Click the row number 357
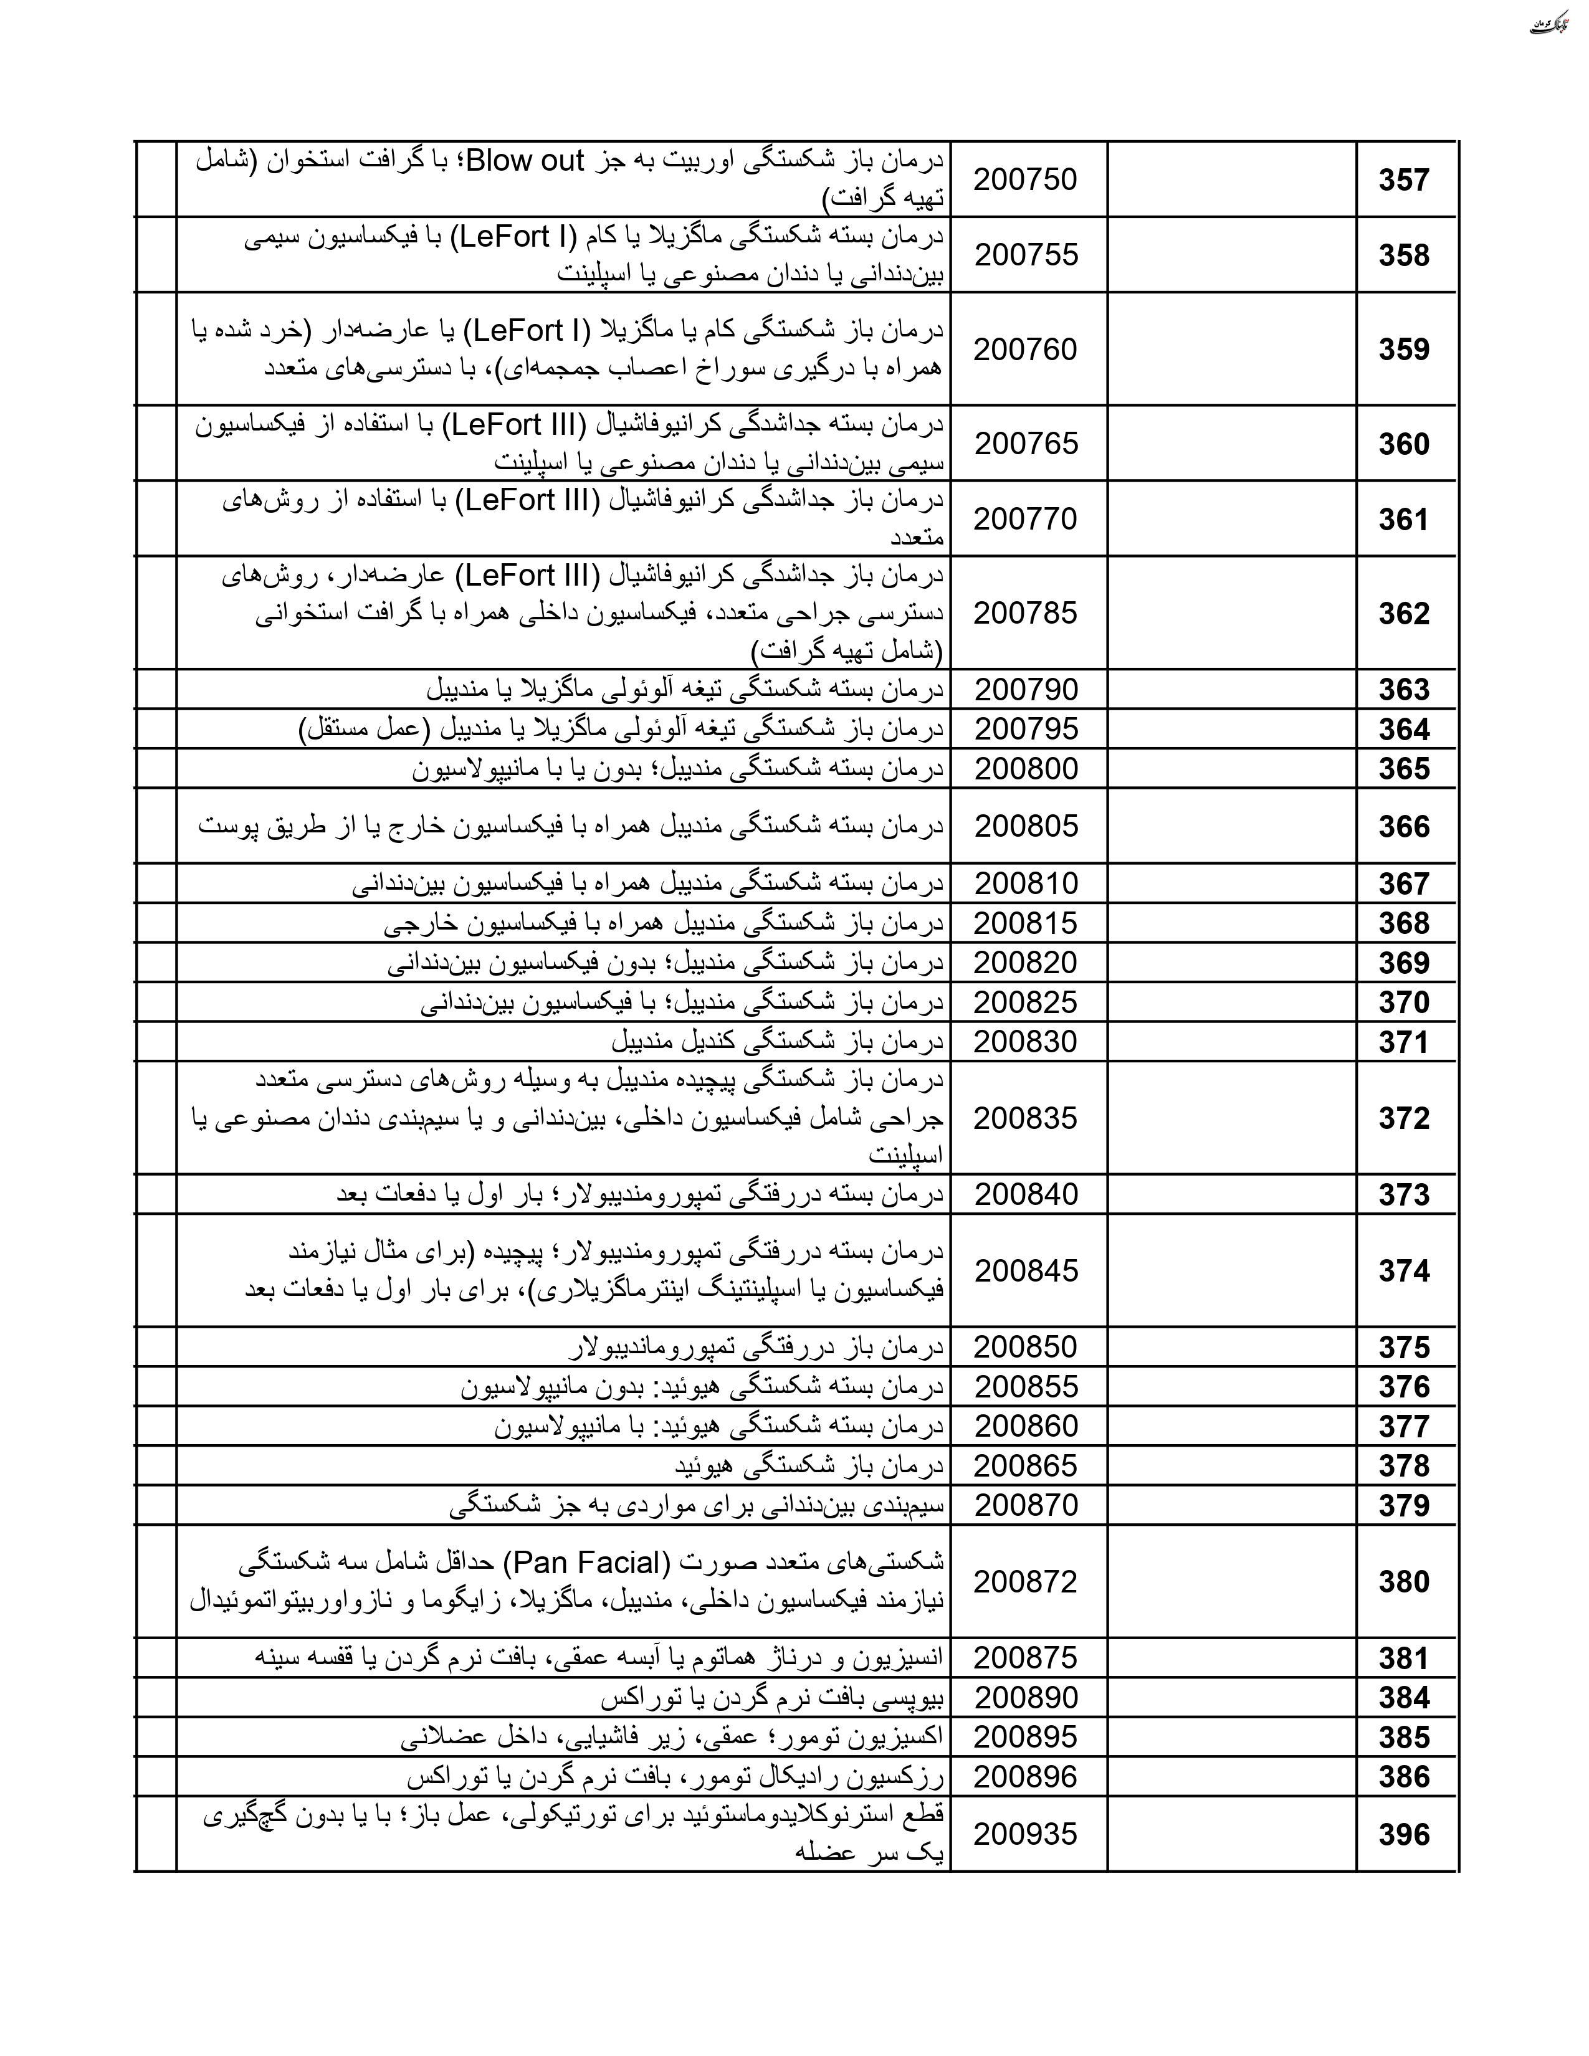[x=1403, y=180]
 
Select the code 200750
[x=1025, y=179]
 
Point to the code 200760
[x=1025, y=350]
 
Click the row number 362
[x=1403, y=614]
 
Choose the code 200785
[x=1025, y=613]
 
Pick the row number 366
[x=1403, y=827]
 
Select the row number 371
[x=1403, y=1042]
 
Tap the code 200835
[x=1025, y=1118]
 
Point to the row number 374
[x=1403, y=1271]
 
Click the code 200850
[x=1025, y=1347]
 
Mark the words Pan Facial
[x=588, y=1563]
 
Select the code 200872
[x=1025, y=1581]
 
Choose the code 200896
[x=1025, y=1776]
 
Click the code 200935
[x=1025, y=1834]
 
